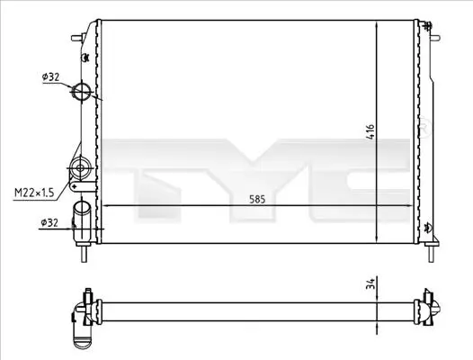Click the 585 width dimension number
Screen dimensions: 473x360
coord(257,199)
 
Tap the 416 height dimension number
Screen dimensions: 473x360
coord(370,131)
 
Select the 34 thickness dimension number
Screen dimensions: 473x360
coord(370,283)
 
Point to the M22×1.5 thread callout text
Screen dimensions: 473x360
coord(34,192)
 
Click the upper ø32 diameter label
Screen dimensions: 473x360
coord(50,77)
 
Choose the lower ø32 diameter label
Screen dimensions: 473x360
coord(49,222)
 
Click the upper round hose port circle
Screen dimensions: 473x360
coord(82,91)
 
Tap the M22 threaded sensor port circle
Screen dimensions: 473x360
coord(80,167)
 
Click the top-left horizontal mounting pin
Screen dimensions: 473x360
coord(77,38)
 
